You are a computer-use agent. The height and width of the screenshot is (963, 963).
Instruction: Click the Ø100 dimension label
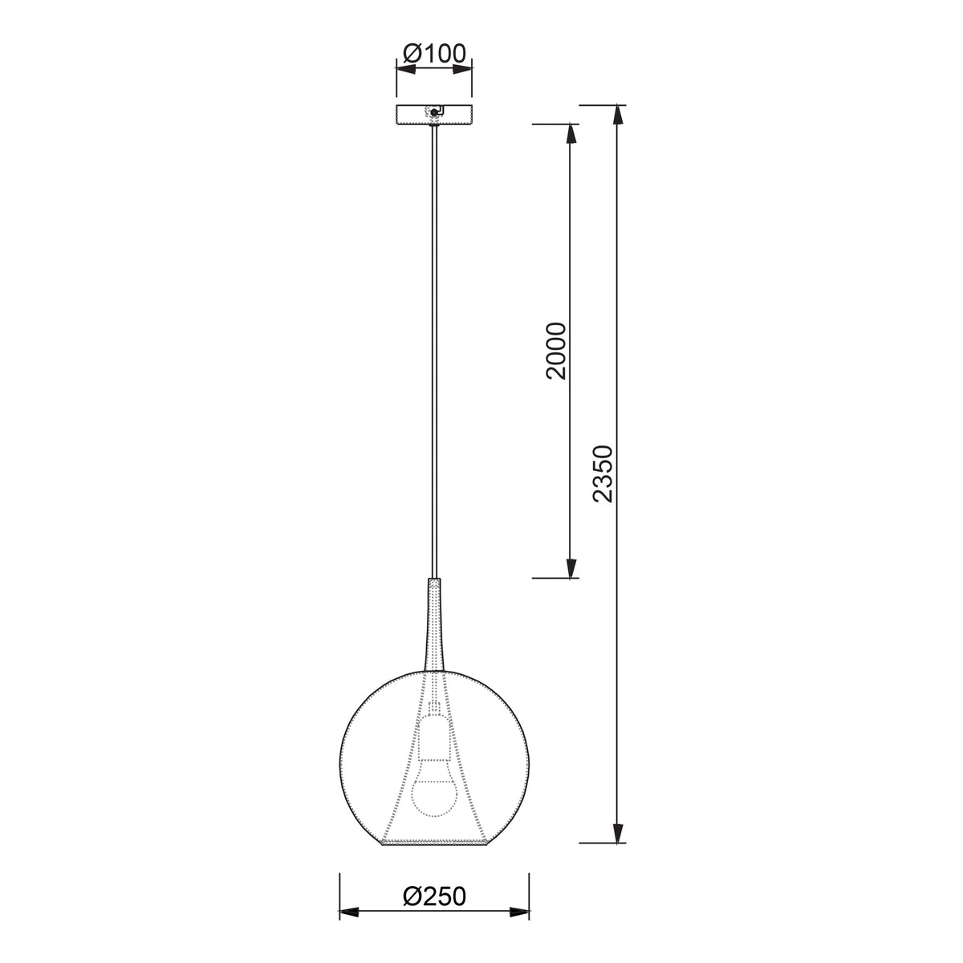tap(434, 53)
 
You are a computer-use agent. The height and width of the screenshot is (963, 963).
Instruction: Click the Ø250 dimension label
tap(434, 896)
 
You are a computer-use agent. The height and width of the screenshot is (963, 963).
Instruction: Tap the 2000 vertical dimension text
tap(556, 351)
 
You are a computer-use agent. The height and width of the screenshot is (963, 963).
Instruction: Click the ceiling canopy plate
tap(434, 115)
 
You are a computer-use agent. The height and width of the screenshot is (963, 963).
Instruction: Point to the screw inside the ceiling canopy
tap(435, 113)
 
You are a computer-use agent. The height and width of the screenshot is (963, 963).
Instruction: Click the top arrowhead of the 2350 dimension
tap(619, 116)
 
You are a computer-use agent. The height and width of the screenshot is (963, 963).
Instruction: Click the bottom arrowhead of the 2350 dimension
tap(619, 832)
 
